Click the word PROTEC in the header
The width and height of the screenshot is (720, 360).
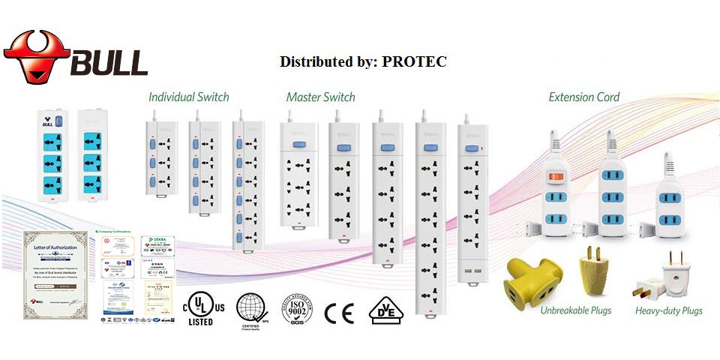(x=414, y=61)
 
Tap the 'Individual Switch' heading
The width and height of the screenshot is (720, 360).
(x=188, y=97)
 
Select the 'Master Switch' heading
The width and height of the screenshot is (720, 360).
(x=320, y=97)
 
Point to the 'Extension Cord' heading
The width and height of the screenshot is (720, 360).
(x=583, y=97)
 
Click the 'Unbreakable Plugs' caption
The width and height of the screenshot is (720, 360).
(x=575, y=310)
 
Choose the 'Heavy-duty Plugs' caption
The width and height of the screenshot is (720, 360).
(x=669, y=310)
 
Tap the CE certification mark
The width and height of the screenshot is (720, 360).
(x=339, y=312)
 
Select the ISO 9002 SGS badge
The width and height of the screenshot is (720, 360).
(x=295, y=309)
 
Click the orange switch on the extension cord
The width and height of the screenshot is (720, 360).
(x=556, y=177)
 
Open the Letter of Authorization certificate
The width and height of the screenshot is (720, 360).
(x=51, y=274)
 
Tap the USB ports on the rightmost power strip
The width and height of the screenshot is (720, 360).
(x=472, y=270)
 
